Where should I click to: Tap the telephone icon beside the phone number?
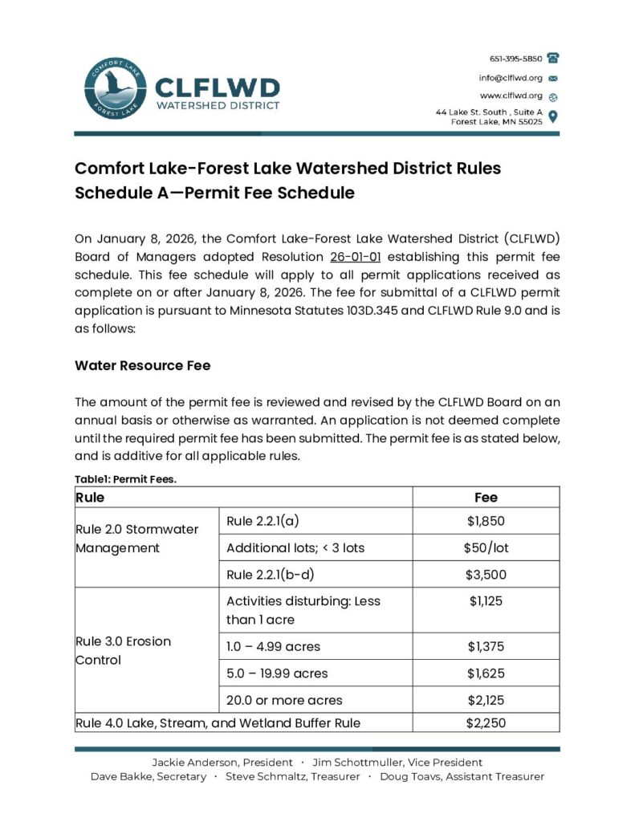(x=552, y=59)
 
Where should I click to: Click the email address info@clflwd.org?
(x=511, y=78)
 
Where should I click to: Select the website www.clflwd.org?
(x=511, y=96)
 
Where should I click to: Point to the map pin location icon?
(x=552, y=116)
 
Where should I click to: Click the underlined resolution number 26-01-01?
(x=355, y=257)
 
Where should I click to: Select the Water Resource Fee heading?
(x=143, y=365)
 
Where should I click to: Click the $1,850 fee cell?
(x=486, y=521)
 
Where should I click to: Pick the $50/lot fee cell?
(x=486, y=547)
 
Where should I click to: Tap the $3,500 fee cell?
(x=486, y=574)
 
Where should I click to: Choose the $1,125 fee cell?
(x=486, y=600)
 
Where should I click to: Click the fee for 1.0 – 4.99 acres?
(x=486, y=646)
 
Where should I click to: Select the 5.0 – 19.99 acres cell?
(x=277, y=673)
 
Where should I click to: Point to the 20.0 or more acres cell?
(x=284, y=700)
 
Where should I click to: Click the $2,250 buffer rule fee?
(x=486, y=722)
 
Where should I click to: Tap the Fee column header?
(x=486, y=497)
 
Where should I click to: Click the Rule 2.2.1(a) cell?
(x=263, y=521)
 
